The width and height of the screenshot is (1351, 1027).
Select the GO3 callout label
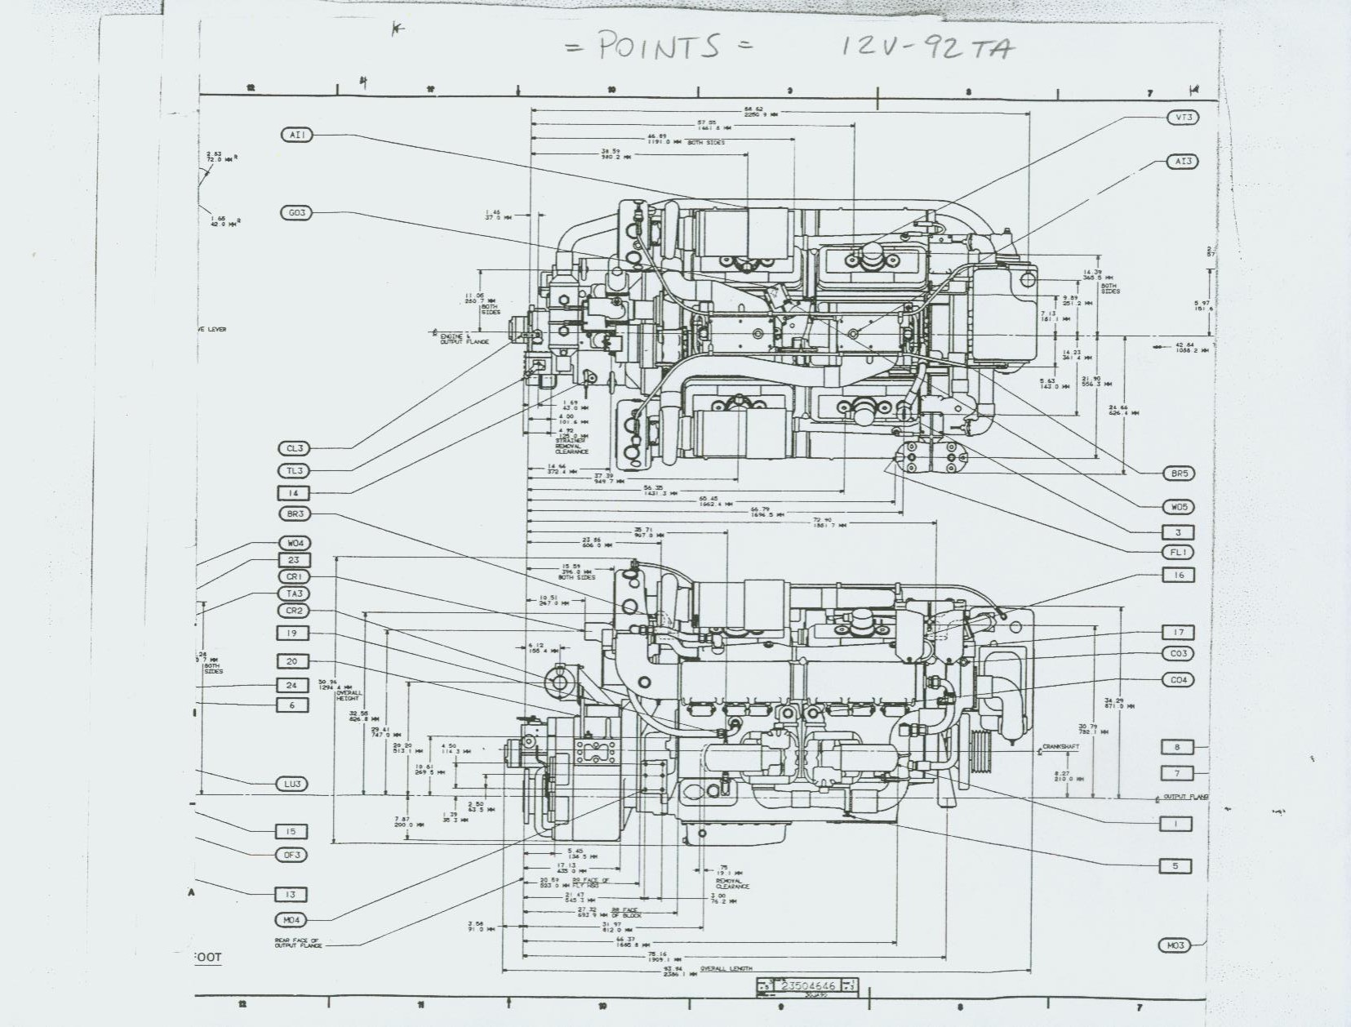296,213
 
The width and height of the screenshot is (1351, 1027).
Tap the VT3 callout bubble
1183,118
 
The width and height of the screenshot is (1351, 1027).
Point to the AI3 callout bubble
1183,162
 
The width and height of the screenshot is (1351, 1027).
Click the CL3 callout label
294,448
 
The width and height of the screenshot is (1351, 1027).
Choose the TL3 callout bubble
294,470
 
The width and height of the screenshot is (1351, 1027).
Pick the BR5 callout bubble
1179,473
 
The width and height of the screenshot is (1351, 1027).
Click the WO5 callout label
1179,507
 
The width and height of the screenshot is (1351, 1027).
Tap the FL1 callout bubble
1178,553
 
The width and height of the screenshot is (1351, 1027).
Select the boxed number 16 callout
1178,575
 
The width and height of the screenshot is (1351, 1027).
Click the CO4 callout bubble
1178,680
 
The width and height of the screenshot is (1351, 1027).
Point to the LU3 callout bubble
292,784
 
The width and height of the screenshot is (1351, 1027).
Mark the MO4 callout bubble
291,920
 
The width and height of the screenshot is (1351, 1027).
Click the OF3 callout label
291,855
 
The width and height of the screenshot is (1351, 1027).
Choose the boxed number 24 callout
291,685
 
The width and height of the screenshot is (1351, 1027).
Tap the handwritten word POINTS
658,47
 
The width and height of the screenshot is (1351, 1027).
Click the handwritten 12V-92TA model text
928,47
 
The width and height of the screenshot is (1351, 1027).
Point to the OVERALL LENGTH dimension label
726,969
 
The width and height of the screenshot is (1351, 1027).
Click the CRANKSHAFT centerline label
1060,747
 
